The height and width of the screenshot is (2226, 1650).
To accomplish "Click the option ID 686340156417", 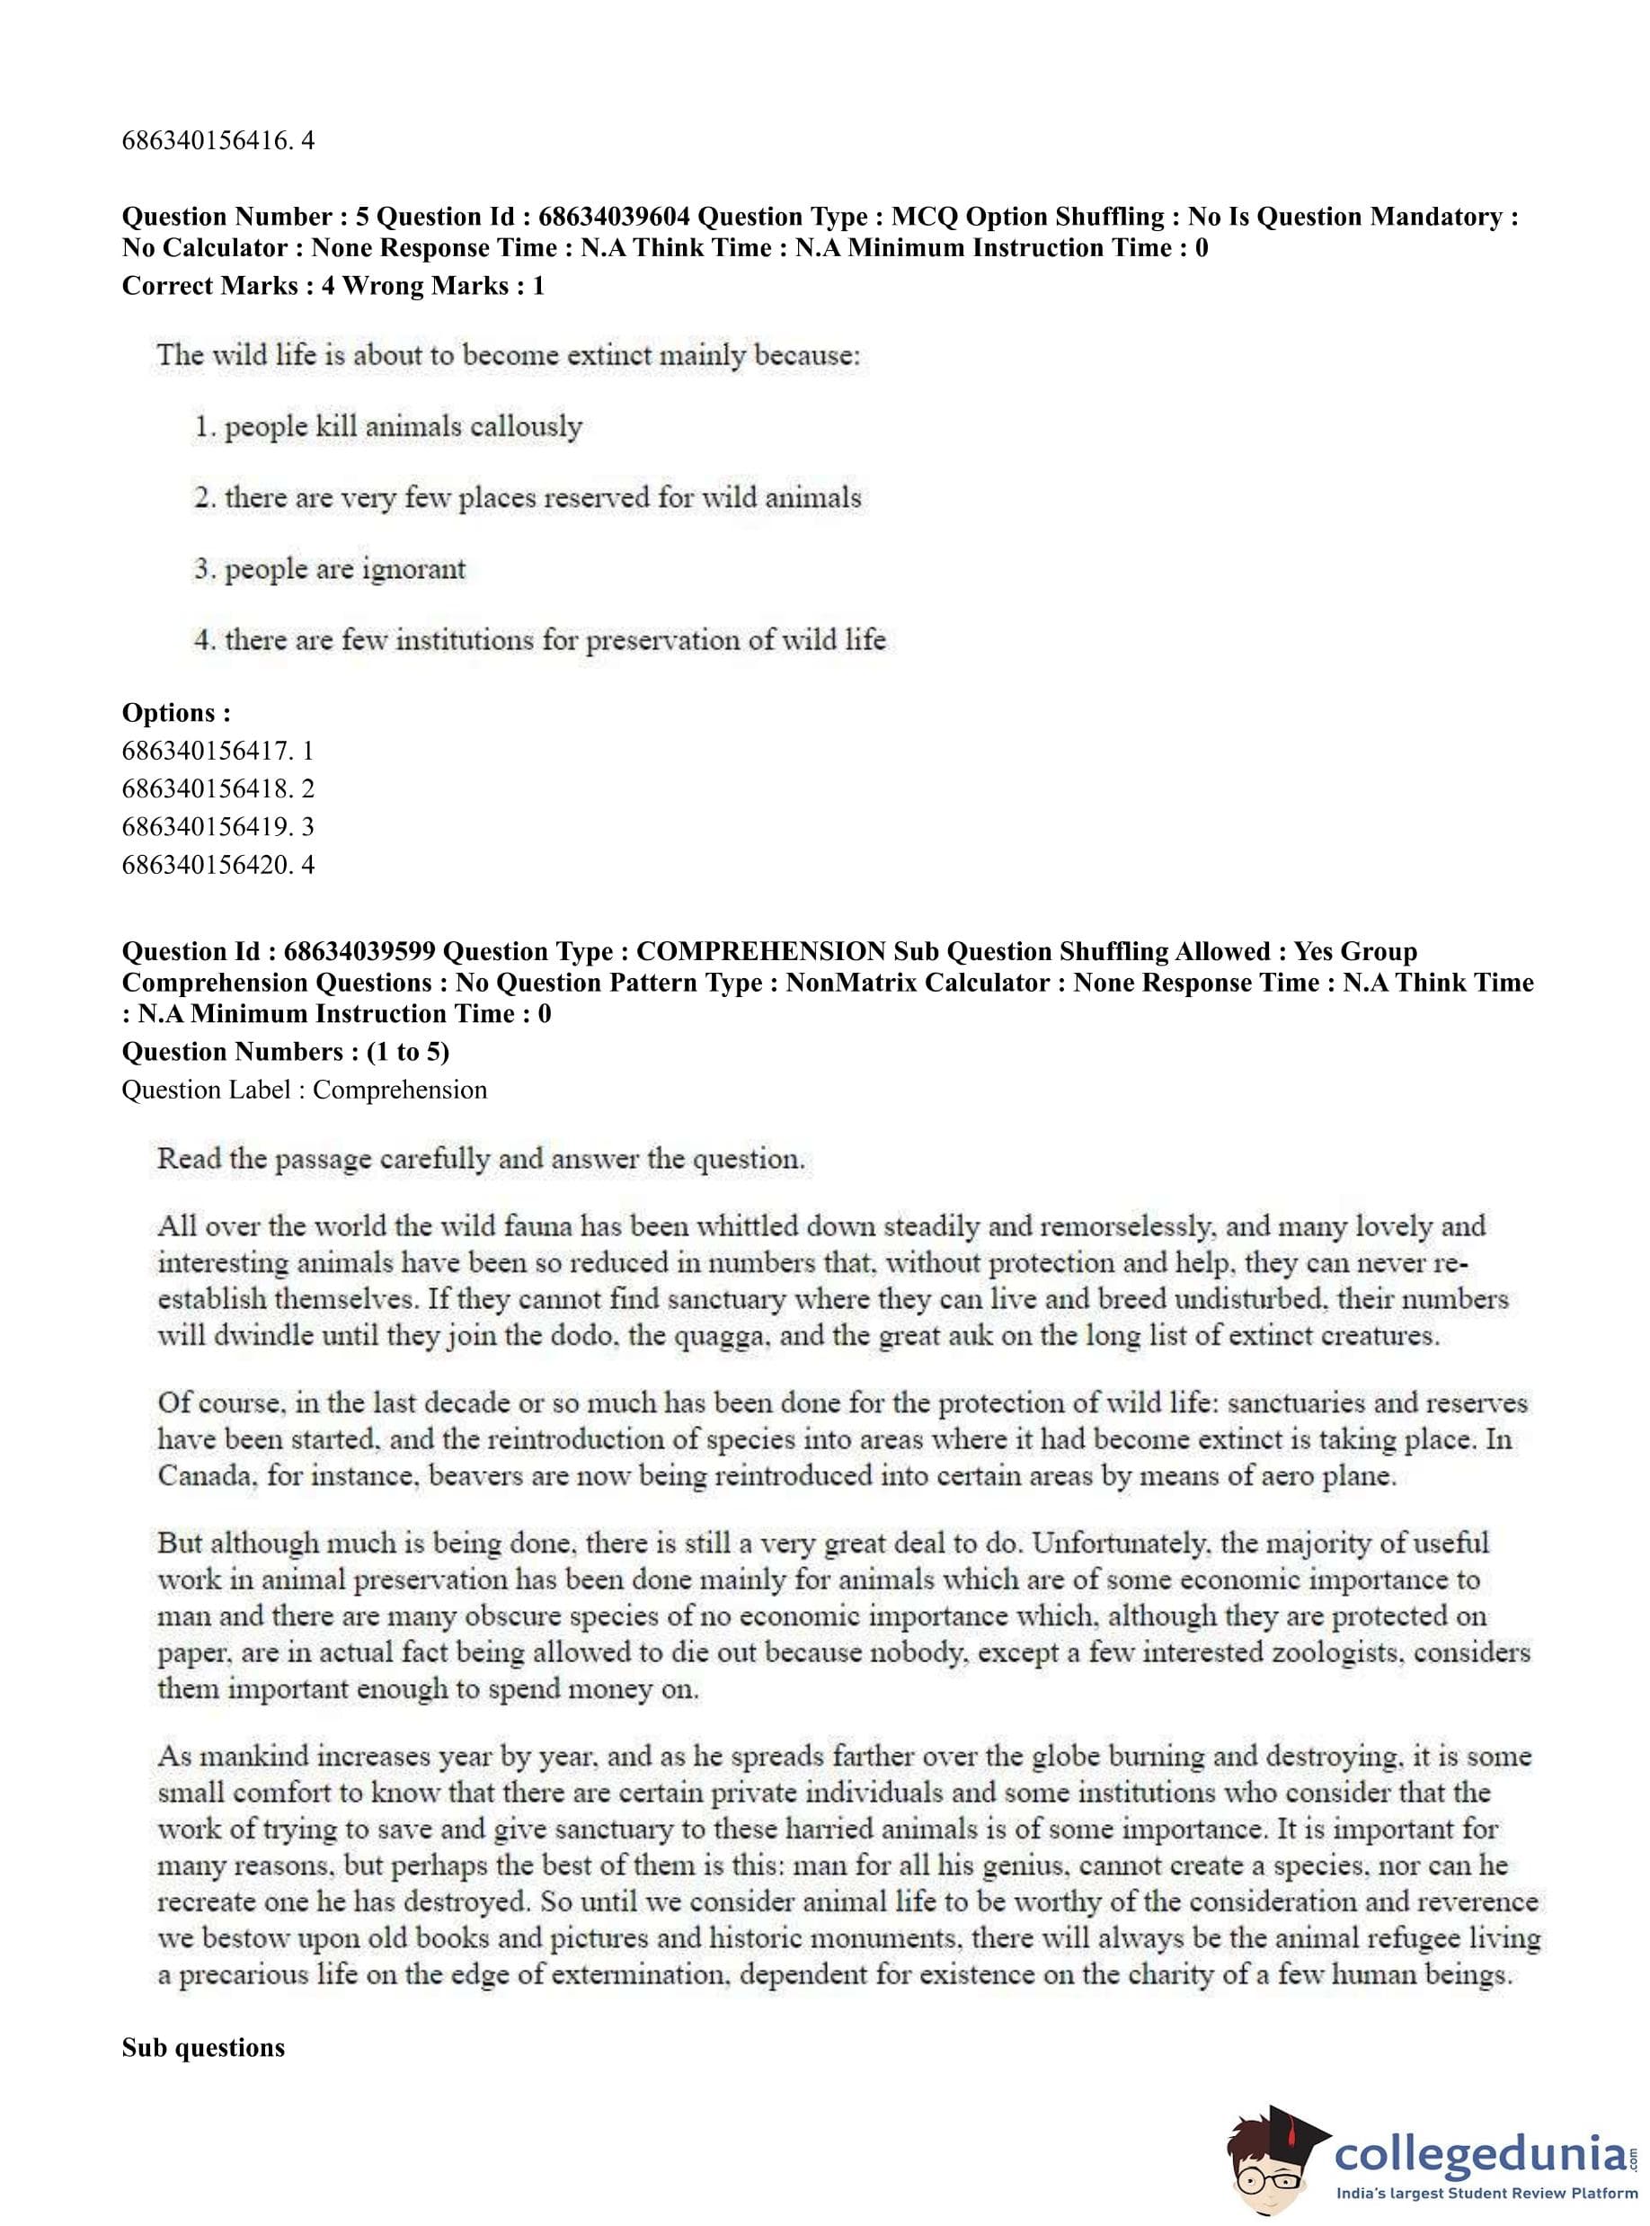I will click(208, 751).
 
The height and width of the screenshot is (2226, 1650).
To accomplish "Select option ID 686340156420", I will click(208, 864).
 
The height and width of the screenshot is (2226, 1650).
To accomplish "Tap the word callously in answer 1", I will click(526, 428).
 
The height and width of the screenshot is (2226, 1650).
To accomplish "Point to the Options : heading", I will click(176, 712).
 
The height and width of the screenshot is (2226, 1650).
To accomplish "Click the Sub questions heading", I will click(203, 2048).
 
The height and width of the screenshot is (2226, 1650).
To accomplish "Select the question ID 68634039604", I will click(613, 217).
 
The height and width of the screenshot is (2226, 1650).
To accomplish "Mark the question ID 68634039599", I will click(359, 951).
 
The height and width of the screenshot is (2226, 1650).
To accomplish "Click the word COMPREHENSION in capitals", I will click(761, 951).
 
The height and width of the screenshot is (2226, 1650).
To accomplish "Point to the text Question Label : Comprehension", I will click(304, 1090).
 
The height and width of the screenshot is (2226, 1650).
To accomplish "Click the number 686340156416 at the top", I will click(208, 141).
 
